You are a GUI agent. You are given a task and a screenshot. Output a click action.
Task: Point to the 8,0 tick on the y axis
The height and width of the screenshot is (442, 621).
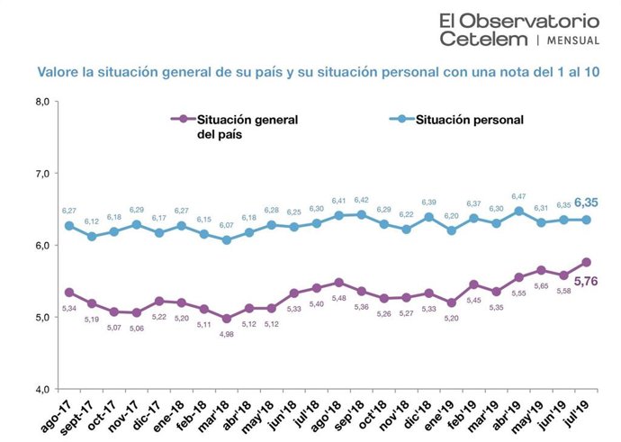coord(42,101)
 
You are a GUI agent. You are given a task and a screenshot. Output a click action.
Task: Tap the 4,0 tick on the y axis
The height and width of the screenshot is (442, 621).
coord(42,389)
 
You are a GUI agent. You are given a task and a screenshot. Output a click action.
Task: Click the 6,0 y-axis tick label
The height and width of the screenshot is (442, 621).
coord(42,245)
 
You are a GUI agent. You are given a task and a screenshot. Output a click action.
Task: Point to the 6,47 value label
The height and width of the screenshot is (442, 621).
coord(519,195)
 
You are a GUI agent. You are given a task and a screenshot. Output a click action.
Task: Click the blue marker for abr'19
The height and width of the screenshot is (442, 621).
coord(519,212)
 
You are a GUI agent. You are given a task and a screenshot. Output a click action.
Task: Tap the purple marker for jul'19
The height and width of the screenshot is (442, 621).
coord(588,262)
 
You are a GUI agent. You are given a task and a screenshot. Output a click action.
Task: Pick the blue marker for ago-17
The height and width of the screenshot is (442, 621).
coord(69,225)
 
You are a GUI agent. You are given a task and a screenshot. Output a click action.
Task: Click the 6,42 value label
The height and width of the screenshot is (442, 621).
coord(362,199)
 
